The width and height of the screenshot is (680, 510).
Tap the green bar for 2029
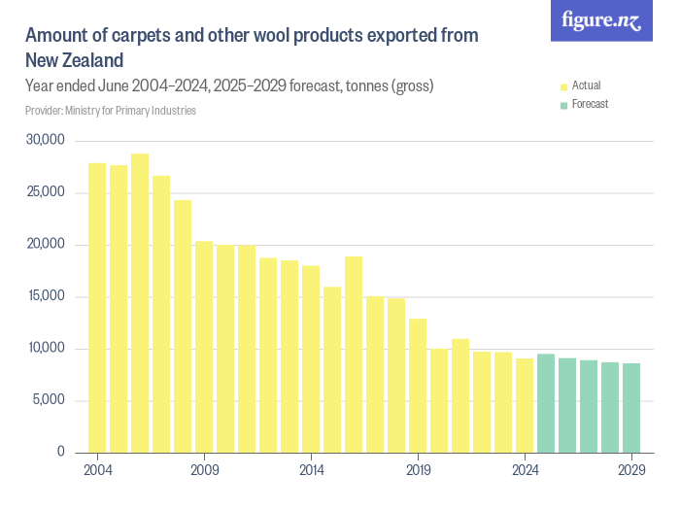(x=631, y=408)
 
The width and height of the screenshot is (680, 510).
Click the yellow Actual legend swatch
(x=563, y=86)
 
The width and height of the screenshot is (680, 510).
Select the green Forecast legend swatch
(x=563, y=104)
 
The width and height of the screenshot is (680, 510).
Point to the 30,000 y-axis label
(x=45, y=141)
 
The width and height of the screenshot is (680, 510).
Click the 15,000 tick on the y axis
(x=45, y=296)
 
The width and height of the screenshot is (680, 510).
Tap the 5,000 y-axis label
(x=48, y=400)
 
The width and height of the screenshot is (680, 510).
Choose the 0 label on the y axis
(x=60, y=452)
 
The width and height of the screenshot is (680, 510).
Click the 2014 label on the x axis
(x=311, y=470)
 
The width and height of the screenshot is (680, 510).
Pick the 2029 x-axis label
(x=631, y=470)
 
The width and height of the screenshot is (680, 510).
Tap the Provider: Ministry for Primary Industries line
(x=111, y=111)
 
